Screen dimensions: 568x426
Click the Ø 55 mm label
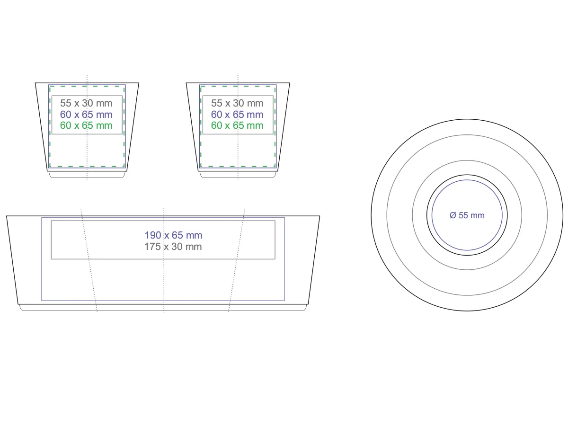[x=467, y=215]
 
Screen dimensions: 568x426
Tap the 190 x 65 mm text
[x=173, y=235]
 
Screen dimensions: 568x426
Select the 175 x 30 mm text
[x=173, y=247]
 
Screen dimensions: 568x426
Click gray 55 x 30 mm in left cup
[x=86, y=103]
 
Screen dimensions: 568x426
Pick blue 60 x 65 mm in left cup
[x=86, y=115]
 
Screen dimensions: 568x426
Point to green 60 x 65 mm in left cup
[x=86, y=125]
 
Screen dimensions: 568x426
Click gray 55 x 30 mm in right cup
[x=237, y=103]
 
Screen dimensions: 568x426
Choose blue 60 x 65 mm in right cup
[x=237, y=115]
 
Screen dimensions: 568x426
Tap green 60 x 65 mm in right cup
[x=237, y=125]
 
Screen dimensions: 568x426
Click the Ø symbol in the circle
[x=453, y=215]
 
